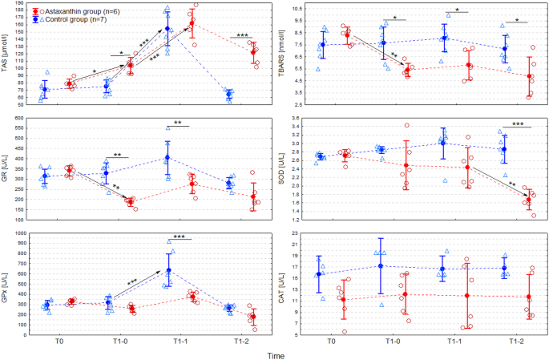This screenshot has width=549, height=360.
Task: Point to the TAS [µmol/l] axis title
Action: (x=6, y=53)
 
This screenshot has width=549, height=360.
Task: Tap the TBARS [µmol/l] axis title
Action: (x=282, y=53)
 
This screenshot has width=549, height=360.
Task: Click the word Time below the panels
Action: (x=276, y=354)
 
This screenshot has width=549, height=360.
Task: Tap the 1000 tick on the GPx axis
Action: (x=20, y=233)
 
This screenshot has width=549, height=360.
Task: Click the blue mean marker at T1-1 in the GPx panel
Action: (x=168, y=271)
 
